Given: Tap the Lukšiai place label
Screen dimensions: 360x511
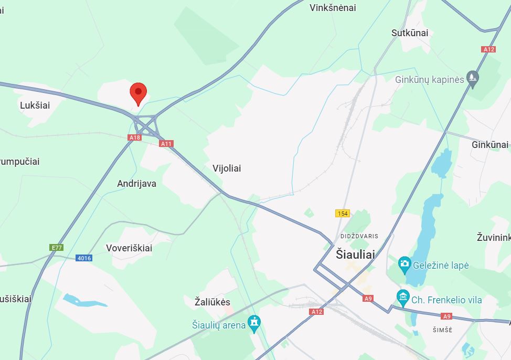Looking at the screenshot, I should [35, 105].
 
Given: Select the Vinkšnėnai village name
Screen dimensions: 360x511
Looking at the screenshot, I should [333, 7].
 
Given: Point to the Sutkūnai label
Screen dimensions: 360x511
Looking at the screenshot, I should [410, 33].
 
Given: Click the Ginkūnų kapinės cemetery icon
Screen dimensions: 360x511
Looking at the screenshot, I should [473, 79].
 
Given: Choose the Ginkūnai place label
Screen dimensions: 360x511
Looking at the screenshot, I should [490, 144].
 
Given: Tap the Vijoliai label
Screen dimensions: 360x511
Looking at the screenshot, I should [227, 168].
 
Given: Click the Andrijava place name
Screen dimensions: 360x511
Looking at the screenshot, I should [136, 184].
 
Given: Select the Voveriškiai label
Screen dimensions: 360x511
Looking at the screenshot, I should [129, 248].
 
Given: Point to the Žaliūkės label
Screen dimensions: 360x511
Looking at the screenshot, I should [212, 302].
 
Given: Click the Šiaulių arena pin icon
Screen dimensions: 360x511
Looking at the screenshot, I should [254, 324].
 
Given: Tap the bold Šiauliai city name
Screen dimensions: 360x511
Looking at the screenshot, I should [355, 254].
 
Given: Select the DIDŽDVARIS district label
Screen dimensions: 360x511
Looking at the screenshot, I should [359, 236].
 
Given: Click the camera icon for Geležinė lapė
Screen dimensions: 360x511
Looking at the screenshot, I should [404, 264].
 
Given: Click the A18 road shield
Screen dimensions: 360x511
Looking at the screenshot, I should [135, 137].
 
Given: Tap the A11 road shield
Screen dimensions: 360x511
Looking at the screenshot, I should [166, 143].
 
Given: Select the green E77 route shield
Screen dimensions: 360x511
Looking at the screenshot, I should [56, 247].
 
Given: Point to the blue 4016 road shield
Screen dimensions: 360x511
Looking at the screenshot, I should [84, 258].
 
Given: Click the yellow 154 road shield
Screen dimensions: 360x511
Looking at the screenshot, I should [343, 213].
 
